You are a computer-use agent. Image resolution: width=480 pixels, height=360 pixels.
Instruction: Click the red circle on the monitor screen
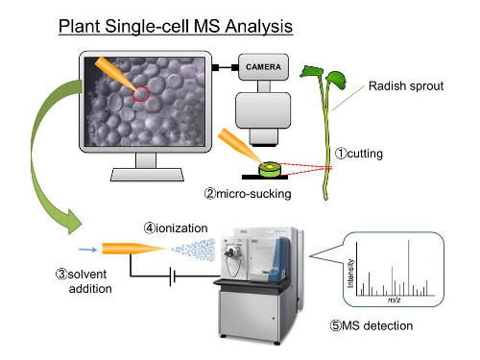141,94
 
